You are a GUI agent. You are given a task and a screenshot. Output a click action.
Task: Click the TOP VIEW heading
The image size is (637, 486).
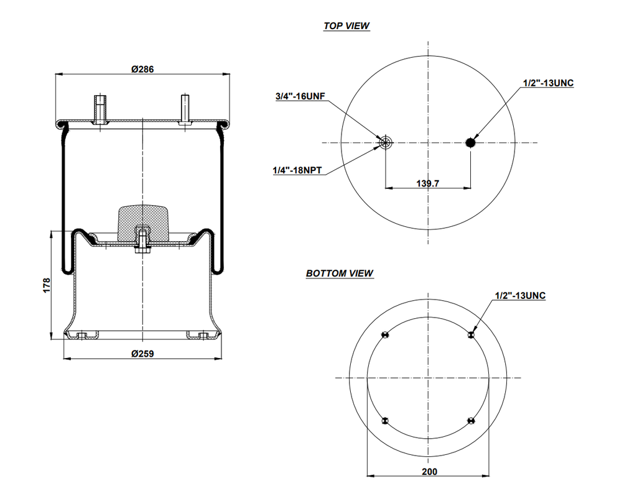pyautogui.click(x=346, y=26)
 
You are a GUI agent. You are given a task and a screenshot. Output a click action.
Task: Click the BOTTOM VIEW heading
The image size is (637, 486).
pyautogui.click(x=339, y=273)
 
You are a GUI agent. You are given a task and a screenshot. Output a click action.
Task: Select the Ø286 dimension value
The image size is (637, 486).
pyautogui.click(x=142, y=69)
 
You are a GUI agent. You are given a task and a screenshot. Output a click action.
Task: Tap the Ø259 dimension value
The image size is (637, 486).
pyautogui.click(x=142, y=354)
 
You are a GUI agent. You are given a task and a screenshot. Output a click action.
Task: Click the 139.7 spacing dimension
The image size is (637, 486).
pyautogui.click(x=427, y=183)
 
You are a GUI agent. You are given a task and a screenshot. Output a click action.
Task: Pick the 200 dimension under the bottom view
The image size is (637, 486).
pyautogui.click(x=429, y=472)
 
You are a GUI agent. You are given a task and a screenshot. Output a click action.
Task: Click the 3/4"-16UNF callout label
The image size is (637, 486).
pyautogui.click(x=300, y=96)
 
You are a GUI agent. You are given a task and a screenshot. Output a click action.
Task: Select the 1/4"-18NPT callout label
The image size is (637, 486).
pyautogui.click(x=297, y=170)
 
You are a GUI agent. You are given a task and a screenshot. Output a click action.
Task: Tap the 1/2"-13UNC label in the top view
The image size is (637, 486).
pyautogui.click(x=548, y=83)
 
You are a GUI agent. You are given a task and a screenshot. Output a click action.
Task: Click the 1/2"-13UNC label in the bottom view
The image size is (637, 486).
pyautogui.click(x=520, y=296)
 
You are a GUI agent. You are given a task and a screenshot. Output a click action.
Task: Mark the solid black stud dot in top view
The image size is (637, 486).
pyautogui.click(x=471, y=143)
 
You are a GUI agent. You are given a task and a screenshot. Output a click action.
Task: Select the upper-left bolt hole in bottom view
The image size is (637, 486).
pyautogui.click(x=386, y=336)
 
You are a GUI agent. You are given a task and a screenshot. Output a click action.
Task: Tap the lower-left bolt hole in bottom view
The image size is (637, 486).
pyautogui.click(x=386, y=421)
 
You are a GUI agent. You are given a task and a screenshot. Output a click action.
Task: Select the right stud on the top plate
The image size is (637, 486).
pyautogui.click(x=185, y=109)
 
